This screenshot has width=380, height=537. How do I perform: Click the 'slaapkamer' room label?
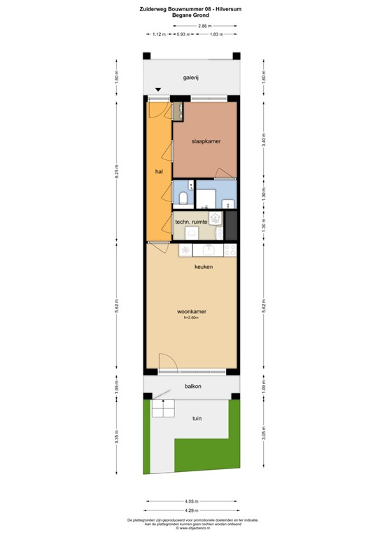206,141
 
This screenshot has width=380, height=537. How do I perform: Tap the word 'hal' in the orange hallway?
159,170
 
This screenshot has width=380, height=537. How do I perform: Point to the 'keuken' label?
204,267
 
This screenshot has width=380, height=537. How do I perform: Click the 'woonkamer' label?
191,312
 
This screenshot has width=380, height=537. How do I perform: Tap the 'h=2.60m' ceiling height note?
191,319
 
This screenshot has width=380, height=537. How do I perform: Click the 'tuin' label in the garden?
197,418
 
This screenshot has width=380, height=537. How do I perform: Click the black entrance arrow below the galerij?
159,89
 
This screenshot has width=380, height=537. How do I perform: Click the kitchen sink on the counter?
208,250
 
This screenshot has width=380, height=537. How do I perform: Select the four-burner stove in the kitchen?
185,250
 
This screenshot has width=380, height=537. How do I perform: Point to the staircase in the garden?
162,408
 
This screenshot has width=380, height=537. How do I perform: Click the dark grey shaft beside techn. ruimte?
232,225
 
